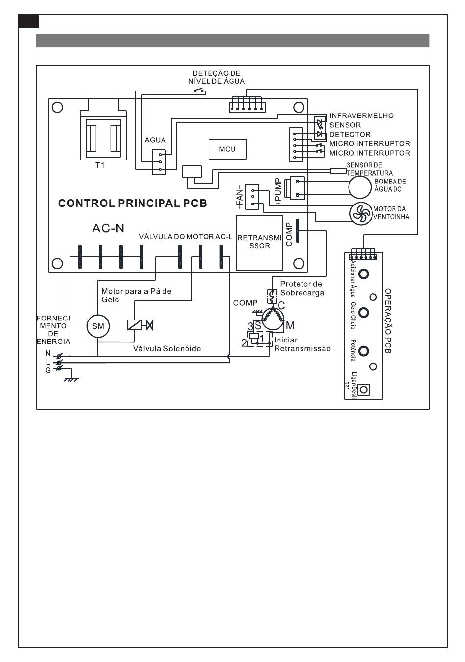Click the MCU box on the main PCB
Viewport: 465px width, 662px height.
click(x=227, y=149)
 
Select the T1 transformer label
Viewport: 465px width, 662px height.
click(x=100, y=165)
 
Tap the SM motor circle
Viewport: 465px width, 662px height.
click(x=98, y=326)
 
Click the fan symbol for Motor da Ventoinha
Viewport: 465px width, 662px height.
click(x=360, y=213)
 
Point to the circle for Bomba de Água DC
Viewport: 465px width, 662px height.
click(x=360, y=186)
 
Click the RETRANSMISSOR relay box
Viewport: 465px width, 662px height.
click(x=259, y=242)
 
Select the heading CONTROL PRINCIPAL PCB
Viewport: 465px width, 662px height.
click(x=132, y=203)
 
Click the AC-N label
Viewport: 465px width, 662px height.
click(x=108, y=228)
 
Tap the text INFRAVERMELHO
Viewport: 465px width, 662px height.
click(x=361, y=116)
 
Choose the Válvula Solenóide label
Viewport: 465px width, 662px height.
click(x=167, y=349)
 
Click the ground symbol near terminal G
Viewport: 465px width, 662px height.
click(x=71, y=379)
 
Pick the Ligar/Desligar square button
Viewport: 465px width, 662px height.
click(x=363, y=390)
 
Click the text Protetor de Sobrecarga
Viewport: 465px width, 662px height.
click(x=302, y=288)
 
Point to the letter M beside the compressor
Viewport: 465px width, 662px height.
click(x=290, y=325)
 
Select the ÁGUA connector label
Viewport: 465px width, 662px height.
click(x=155, y=140)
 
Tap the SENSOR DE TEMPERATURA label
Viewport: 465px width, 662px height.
click(x=370, y=169)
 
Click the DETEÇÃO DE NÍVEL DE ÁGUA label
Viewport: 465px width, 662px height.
click(x=216, y=77)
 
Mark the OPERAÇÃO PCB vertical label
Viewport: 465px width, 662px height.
click(x=388, y=320)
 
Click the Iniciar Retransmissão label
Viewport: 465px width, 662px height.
click(x=302, y=344)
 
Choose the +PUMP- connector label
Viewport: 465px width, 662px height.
click(x=278, y=188)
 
